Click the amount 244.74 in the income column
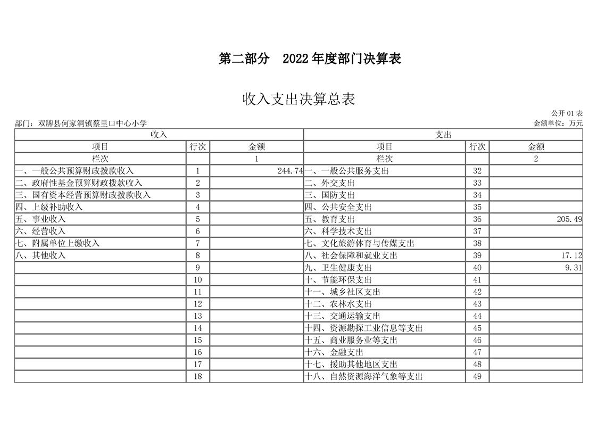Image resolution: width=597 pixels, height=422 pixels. (290, 171)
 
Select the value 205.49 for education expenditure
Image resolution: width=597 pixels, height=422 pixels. (569, 219)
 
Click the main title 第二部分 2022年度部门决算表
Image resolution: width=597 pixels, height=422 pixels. (310, 59)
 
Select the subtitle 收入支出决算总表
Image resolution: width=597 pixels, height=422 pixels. (298, 100)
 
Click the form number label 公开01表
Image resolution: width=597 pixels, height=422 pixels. (567, 113)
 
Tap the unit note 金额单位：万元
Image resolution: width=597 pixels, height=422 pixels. (558, 123)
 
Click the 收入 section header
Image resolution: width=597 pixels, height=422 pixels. (159, 135)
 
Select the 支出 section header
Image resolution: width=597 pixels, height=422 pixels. (443, 135)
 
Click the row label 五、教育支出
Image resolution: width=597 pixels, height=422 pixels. (329, 219)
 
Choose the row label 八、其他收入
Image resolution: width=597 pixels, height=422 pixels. (40, 255)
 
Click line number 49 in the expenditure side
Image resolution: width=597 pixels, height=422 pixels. (477, 377)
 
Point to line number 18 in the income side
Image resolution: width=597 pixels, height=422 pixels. (198, 377)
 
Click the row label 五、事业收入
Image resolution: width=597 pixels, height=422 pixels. (40, 219)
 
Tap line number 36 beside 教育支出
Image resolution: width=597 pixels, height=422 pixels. (477, 219)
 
